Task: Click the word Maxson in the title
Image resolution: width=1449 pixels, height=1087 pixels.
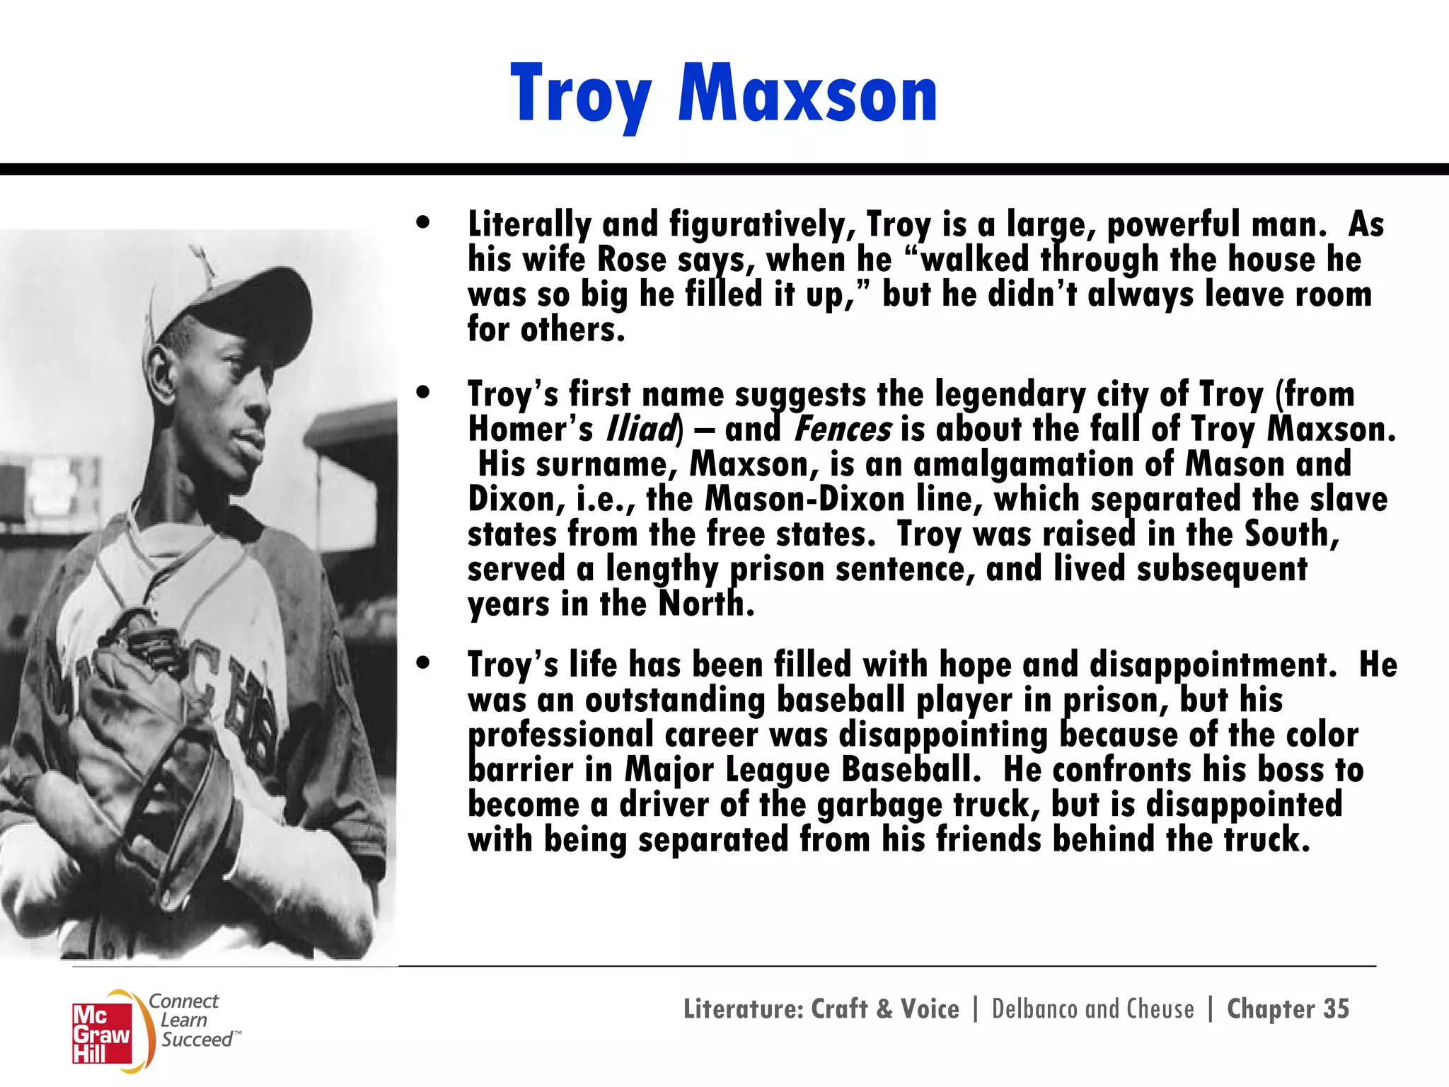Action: [808, 94]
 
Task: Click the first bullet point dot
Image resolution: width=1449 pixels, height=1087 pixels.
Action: [423, 222]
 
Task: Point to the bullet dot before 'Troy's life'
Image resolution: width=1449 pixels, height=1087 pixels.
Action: [423, 663]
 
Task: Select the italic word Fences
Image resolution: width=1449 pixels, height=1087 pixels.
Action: [842, 429]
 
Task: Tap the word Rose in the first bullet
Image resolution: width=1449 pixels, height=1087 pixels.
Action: [631, 259]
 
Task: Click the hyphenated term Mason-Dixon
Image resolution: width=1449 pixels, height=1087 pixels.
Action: [804, 499]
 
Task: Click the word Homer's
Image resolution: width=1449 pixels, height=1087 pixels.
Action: [530, 429]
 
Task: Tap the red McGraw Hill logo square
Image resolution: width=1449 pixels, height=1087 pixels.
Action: [102, 1033]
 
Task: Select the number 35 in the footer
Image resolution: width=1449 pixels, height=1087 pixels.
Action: [1336, 1008]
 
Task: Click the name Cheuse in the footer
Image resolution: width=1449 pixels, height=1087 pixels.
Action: [1160, 1008]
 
